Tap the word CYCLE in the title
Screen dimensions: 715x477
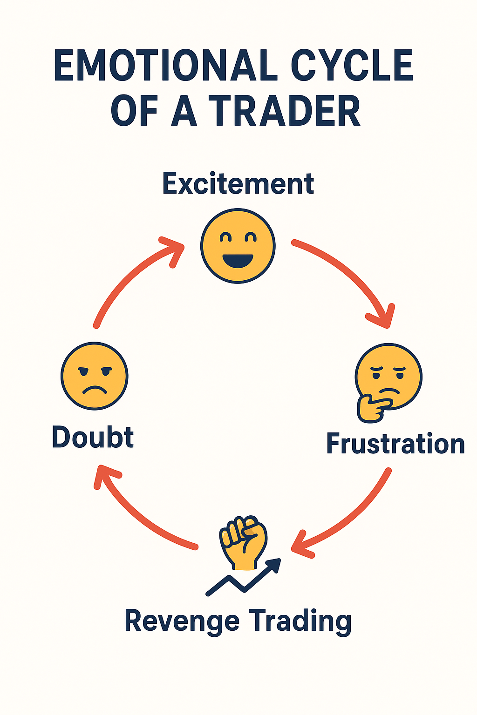point(352,66)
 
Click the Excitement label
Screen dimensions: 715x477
point(238,184)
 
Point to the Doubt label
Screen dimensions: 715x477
point(93,437)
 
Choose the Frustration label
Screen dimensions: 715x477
point(395,444)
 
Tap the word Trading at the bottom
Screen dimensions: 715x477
point(300,621)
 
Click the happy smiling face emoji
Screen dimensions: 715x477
point(238,245)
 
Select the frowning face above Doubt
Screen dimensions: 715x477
point(95,376)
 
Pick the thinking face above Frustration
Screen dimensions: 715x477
point(388,377)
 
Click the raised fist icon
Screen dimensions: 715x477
point(244,540)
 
